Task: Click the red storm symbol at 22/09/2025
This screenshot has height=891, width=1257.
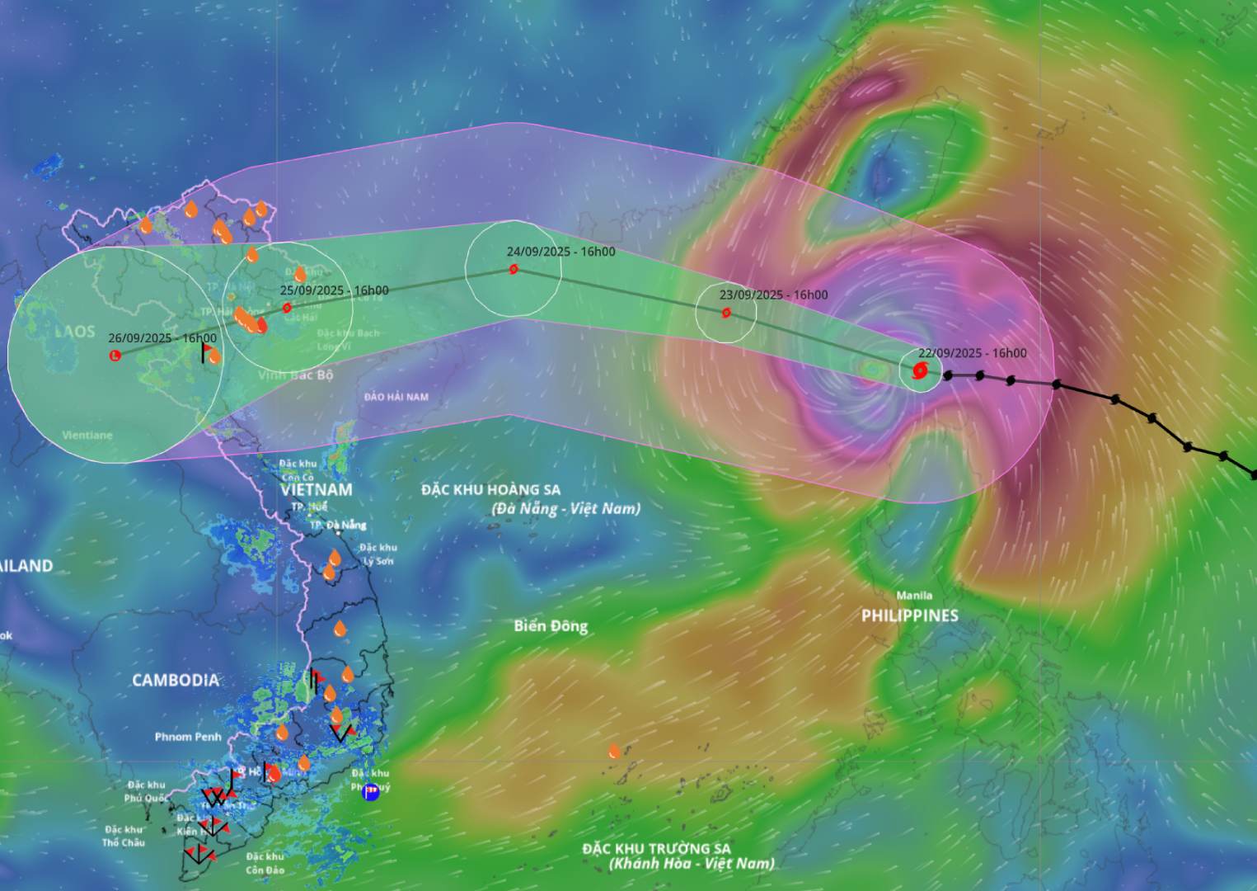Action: click(920, 370)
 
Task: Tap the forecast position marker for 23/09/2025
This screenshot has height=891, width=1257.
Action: click(726, 313)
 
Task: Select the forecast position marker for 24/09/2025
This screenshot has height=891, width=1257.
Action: click(514, 269)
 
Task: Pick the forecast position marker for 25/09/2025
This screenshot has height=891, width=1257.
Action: click(287, 308)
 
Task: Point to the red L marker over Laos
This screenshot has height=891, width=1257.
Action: click(115, 355)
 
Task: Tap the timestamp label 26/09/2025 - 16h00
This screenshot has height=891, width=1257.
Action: click(162, 337)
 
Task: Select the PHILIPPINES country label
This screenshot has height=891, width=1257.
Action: click(909, 615)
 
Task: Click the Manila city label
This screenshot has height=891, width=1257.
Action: click(914, 595)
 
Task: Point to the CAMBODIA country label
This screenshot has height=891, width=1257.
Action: click(176, 680)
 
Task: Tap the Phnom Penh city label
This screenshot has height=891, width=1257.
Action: click(188, 737)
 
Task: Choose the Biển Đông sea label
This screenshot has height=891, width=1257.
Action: click(551, 625)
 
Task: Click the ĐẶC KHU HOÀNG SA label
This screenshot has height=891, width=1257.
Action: click(490, 489)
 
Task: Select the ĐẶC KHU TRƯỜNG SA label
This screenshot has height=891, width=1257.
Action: click(656, 848)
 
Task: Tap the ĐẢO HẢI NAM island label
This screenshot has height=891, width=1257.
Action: click(396, 397)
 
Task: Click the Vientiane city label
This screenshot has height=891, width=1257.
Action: click(87, 435)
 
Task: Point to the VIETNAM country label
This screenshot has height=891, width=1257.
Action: click(316, 489)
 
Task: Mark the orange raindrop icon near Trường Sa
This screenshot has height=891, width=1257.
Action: click(614, 751)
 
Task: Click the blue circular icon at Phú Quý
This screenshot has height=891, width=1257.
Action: click(371, 792)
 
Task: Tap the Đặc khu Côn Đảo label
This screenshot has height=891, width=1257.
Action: click(265, 863)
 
